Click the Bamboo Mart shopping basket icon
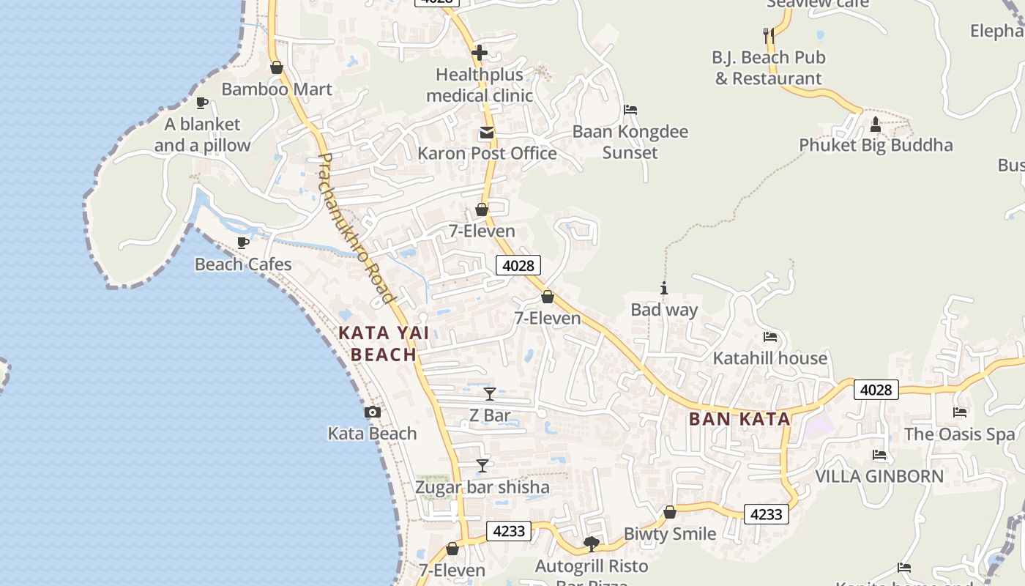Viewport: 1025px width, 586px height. (x=277, y=68)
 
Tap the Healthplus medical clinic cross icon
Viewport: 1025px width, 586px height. (x=480, y=53)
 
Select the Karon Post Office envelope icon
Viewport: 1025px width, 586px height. (x=486, y=133)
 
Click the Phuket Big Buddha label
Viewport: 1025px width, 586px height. (x=876, y=145)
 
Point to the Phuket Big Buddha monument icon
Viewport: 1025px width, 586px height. (x=875, y=125)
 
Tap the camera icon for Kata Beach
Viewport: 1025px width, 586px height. (x=373, y=412)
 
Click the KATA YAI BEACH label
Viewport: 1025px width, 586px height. (x=384, y=344)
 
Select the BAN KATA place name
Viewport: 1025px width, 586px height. (x=739, y=419)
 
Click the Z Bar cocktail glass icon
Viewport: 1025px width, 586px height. (x=490, y=394)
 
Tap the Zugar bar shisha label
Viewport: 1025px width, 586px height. (x=482, y=487)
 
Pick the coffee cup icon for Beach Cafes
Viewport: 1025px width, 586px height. (x=243, y=242)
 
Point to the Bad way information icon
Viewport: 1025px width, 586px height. (x=664, y=289)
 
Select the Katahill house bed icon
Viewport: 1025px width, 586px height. (x=769, y=337)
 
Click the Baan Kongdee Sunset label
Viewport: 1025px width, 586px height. (x=630, y=142)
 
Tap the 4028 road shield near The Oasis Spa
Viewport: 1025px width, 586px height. (x=876, y=390)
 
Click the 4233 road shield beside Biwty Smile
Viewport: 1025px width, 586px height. (x=767, y=514)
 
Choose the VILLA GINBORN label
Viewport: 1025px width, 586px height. (x=879, y=476)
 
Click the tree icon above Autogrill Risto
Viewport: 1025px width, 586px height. (x=592, y=544)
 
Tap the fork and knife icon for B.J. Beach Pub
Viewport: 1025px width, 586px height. (x=768, y=34)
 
